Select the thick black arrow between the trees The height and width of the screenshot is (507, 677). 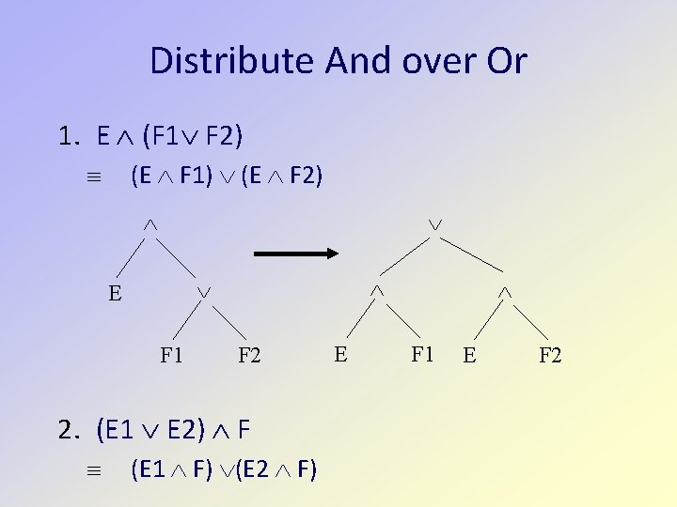295,253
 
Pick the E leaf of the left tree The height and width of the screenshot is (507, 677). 115,293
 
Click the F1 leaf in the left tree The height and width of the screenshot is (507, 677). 171,356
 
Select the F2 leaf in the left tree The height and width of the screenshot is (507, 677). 249,356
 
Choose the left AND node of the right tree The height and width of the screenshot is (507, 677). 376,293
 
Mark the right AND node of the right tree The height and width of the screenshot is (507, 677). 504,293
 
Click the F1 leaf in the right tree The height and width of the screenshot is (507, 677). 422,354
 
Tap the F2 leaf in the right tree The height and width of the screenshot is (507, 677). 550,356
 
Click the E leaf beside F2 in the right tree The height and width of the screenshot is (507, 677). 469,356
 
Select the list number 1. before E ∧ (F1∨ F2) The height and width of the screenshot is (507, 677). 69,138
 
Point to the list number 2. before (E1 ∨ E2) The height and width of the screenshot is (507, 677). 69,431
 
